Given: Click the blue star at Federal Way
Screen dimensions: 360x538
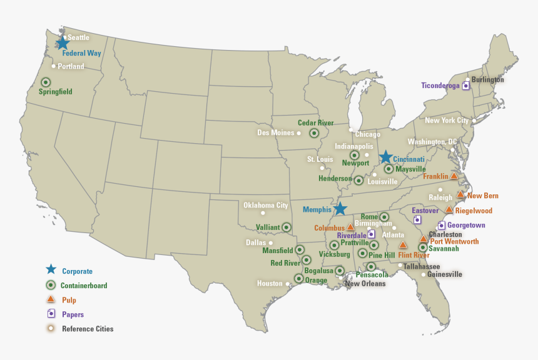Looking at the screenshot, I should click(63, 43).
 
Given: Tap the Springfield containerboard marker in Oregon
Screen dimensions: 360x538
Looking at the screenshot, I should click(46, 82).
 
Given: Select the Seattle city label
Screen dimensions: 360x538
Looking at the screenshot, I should click(78, 37).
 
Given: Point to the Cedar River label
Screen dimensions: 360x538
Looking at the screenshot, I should click(315, 123).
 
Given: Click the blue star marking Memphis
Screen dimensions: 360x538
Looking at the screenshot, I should click(340, 209).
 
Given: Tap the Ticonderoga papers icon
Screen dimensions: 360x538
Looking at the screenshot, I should click(465, 86).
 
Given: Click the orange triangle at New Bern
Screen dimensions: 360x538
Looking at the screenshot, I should click(460, 194).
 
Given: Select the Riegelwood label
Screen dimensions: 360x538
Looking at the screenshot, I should click(474, 211).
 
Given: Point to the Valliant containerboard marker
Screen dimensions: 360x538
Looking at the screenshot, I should click(286, 227).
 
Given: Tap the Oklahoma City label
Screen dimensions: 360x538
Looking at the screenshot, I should click(265, 205).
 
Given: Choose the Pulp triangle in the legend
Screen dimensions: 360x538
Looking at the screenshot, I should click(51, 299).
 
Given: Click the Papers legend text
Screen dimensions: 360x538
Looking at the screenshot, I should click(73, 315).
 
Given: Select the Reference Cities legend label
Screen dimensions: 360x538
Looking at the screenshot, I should click(88, 329).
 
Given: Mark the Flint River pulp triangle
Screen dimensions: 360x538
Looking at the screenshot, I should click(403, 245).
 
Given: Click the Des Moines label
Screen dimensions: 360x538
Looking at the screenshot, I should click(275, 132).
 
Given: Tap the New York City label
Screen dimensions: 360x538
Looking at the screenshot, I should click(447, 120).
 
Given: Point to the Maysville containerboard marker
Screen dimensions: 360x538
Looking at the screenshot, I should click(388, 169).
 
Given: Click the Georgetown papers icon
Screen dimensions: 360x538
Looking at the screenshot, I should click(441, 225).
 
